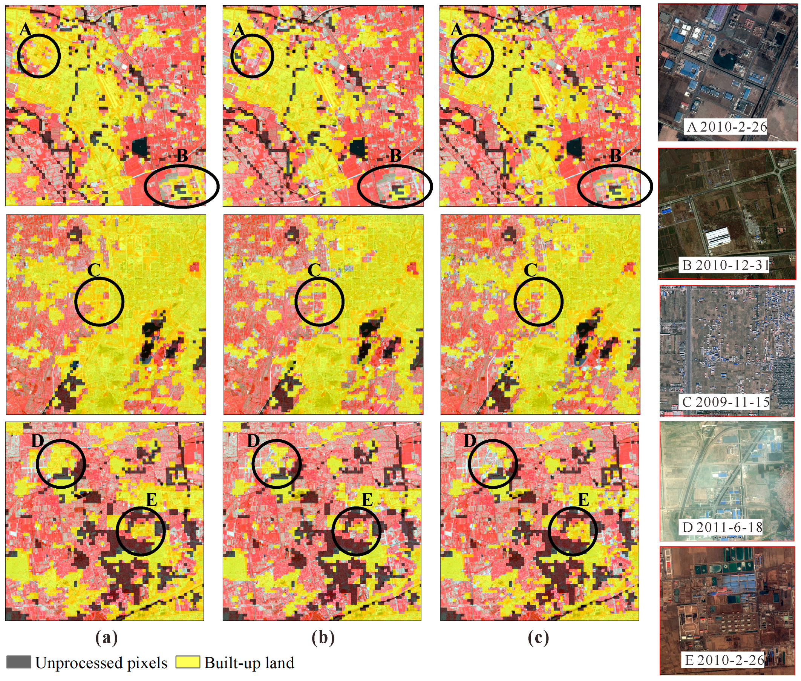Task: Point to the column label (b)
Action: pyautogui.click(x=323, y=638)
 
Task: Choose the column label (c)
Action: pyautogui.click(x=538, y=638)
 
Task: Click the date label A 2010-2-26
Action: pyautogui.click(x=726, y=127)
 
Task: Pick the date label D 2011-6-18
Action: pyautogui.click(x=722, y=527)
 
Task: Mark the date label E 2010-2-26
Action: pyautogui.click(x=724, y=660)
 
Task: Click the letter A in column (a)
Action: pyautogui.click(x=25, y=29)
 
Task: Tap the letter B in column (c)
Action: pyautogui.click(x=615, y=156)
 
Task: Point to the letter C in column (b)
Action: pyautogui.click(x=314, y=270)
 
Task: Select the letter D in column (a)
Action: pyautogui.click(x=37, y=440)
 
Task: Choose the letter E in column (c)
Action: pyautogui.click(x=583, y=500)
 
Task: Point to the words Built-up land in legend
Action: pyautogui.click(x=249, y=663)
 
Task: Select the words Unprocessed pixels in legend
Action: pyautogui.click(x=101, y=663)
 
